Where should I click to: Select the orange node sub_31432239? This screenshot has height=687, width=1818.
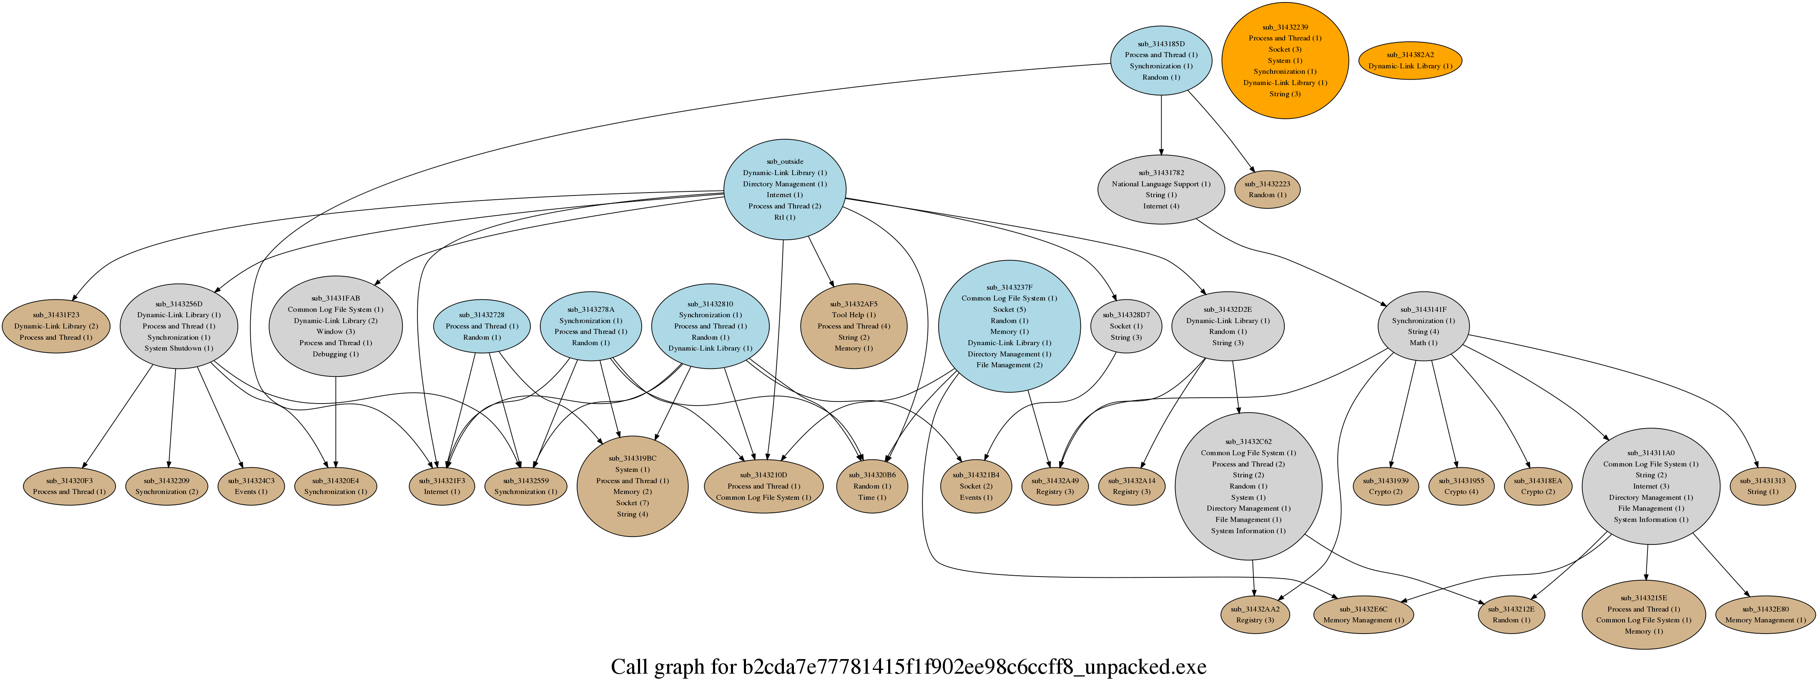(1284, 60)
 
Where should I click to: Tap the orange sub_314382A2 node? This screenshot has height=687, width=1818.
(1409, 60)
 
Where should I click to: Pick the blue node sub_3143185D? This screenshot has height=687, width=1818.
(1161, 60)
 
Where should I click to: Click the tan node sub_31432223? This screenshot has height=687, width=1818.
(1267, 189)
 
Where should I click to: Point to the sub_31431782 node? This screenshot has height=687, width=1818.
(1161, 189)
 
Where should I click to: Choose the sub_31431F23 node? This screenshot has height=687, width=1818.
(56, 326)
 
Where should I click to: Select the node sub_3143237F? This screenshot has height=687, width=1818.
(1009, 326)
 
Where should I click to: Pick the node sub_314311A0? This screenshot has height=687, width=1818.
(1650, 486)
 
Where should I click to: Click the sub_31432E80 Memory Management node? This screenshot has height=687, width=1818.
(1764, 614)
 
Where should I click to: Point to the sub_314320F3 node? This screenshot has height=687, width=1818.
(69, 486)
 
